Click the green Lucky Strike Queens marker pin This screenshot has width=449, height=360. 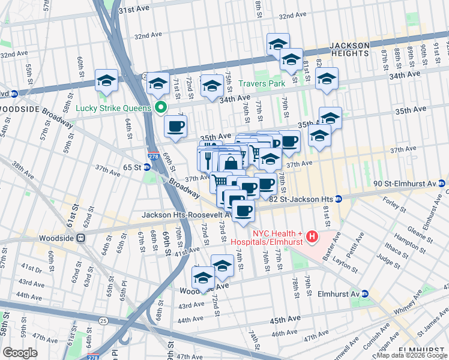click(160, 108)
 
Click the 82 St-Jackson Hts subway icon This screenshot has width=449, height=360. click(339, 199)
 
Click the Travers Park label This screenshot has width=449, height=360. click(261, 84)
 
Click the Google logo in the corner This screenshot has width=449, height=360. click(20, 353)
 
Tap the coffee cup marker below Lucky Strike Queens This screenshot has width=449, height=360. click(175, 127)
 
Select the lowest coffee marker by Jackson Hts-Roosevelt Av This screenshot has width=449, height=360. click(243, 211)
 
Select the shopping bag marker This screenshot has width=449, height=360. click(231, 163)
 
